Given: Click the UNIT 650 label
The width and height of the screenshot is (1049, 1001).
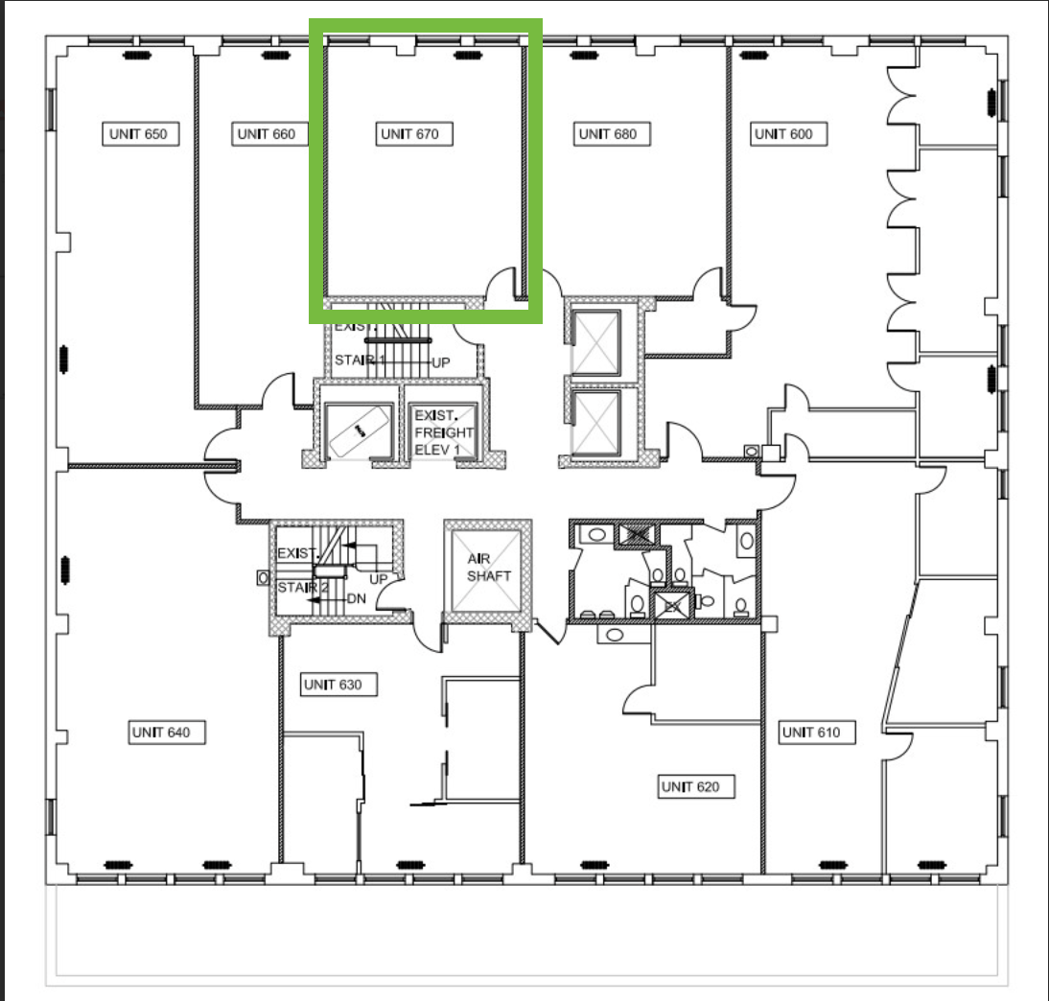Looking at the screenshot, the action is (139, 134).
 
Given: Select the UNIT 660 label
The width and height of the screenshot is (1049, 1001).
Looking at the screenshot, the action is (267, 134).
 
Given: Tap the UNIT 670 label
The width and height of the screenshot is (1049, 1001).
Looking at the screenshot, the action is (410, 134).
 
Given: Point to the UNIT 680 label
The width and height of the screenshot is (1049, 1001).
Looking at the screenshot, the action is (608, 134).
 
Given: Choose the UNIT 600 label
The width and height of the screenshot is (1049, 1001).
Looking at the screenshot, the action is (784, 134).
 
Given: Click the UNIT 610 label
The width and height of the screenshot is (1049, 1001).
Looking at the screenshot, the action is (811, 732).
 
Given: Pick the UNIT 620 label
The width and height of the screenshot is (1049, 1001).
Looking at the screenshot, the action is (690, 786).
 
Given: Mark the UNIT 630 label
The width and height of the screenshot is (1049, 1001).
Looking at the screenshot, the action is (333, 685).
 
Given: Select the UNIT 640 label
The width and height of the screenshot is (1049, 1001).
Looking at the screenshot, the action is (161, 732).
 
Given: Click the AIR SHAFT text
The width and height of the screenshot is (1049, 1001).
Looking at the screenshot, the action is (488, 568).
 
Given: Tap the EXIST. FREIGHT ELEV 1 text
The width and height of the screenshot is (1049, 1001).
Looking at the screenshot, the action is (444, 432).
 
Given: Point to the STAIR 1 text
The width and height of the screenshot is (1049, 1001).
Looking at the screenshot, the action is (360, 360).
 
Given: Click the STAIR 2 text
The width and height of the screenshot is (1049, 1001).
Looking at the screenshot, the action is (303, 588).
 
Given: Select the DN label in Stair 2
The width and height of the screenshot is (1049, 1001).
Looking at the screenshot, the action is (357, 598).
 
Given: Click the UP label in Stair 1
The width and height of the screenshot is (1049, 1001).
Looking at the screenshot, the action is (441, 362).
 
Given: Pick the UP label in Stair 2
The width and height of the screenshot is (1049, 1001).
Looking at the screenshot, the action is (379, 579).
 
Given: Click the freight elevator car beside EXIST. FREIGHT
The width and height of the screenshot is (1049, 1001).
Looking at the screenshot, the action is (360, 431).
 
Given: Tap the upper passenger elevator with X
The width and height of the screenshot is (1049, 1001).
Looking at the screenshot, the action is (595, 342).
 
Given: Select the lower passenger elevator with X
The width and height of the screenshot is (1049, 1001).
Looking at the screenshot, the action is (595, 423).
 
